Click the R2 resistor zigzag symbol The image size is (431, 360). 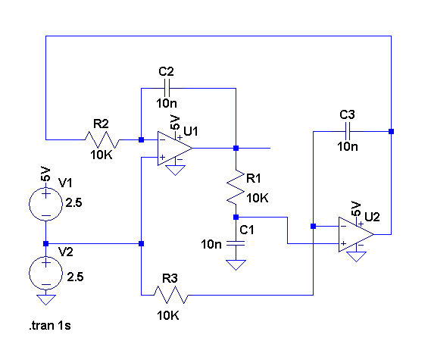click(x=102, y=139)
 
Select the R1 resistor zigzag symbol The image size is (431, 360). click(x=236, y=187)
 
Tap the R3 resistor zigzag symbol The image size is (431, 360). click(x=171, y=295)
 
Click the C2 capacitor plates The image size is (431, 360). click(x=167, y=88)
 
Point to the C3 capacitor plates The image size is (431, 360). click(x=348, y=131)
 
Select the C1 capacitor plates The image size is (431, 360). click(x=236, y=243)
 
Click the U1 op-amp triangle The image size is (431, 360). click(x=175, y=149)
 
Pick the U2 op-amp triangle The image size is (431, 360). click(x=356, y=235)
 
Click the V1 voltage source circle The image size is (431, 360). click(x=45, y=204)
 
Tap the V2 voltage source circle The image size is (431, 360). click(x=45, y=273)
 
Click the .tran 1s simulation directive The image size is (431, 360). click(x=50, y=326)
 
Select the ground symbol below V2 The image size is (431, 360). click(x=46, y=300)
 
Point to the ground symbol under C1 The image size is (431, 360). click(x=236, y=265)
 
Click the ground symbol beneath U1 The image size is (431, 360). click(x=176, y=171)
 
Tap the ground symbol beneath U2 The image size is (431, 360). click(x=356, y=257)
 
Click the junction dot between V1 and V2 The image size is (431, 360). click(x=46, y=244)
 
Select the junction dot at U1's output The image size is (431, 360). click(x=236, y=149)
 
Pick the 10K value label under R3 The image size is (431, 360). click(x=168, y=315)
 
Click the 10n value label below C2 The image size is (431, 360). click(x=167, y=103)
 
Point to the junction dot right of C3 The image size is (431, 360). click(x=391, y=131)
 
